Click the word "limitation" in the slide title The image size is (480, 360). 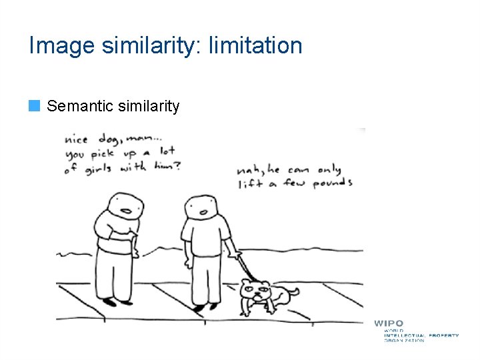point(255,46)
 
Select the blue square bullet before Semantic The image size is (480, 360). point(35,105)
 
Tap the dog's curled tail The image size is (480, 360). point(293,291)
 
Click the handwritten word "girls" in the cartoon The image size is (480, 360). point(99,168)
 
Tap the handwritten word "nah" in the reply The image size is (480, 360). point(247,169)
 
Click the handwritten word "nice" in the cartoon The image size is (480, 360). point(77,140)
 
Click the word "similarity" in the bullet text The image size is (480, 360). point(147,106)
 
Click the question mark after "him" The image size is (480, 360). point(177,165)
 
